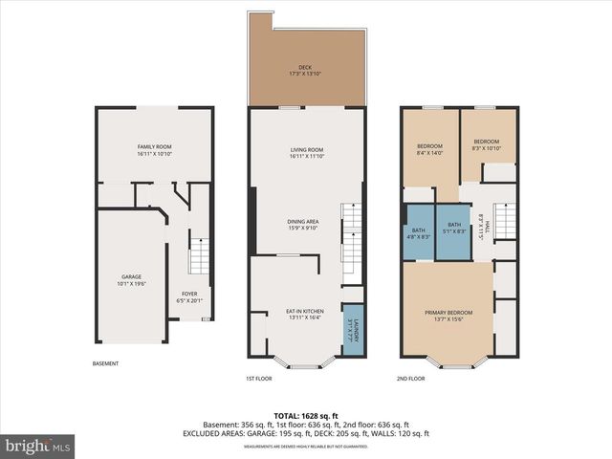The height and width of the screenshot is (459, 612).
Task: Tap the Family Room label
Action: (x=153, y=149)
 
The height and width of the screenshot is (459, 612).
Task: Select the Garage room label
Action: (x=130, y=279)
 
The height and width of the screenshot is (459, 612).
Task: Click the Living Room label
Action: (x=307, y=152)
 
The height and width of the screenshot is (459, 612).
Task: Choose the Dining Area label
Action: (x=303, y=225)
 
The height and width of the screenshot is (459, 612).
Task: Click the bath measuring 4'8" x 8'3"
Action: (x=419, y=235)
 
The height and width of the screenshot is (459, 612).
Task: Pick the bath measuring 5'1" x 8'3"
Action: (x=453, y=229)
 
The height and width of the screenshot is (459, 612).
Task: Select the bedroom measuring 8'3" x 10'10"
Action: (x=487, y=145)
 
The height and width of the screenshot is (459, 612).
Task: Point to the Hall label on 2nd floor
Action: (x=487, y=225)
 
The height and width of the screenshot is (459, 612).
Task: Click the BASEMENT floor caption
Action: (x=106, y=363)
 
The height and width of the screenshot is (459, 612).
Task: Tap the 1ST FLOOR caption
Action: (x=260, y=379)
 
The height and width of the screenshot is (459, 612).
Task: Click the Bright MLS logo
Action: (x=38, y=446)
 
